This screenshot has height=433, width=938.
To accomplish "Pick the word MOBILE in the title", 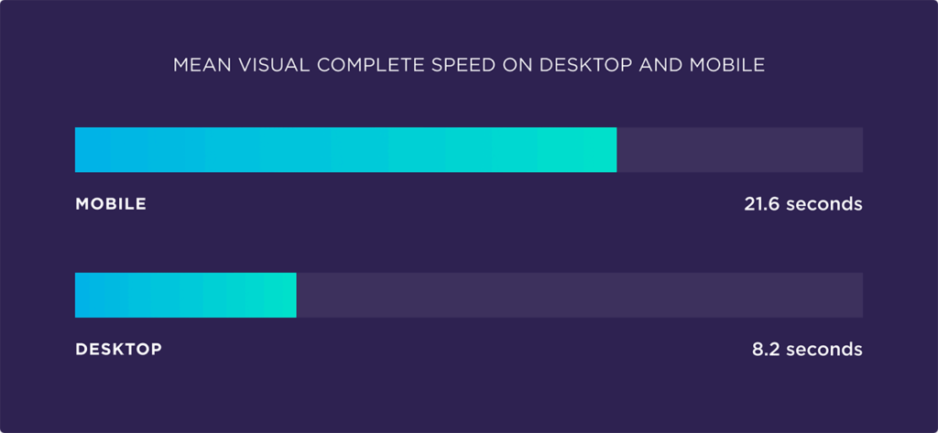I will [x=730, y=66].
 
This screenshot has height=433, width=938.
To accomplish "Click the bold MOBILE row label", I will [x=111, y=204].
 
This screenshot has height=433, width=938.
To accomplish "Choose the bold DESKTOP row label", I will [x=118, y=349].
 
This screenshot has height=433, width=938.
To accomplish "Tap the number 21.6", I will [x=761, y=204].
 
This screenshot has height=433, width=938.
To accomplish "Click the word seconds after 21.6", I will [x=823, y=204].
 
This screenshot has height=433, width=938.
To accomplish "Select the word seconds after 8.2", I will [x=824, y=349].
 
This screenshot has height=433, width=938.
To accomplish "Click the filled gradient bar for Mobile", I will [x=345, y=150].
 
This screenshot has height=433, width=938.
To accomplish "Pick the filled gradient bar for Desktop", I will [x=185, y=295].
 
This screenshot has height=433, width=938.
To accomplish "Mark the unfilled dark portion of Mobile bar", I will [x=739, y=150].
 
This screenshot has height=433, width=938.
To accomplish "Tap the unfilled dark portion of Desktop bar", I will [x=579, y=295].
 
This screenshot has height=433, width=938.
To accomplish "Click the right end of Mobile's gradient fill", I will [x=614, y=150].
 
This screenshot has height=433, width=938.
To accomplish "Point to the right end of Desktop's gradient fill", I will [x=293, y=295].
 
